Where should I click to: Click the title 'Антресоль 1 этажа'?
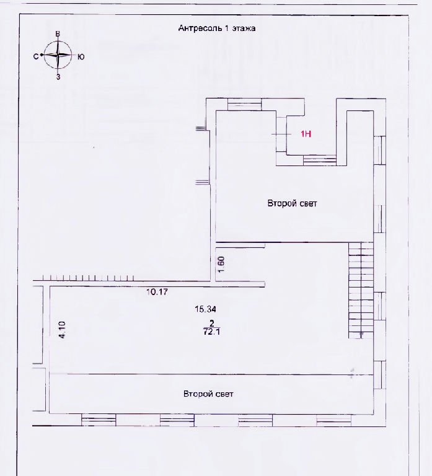pos(217,29)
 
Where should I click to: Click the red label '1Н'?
pos(306,134)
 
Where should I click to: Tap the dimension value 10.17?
pos(157,292)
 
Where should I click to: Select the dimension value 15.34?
pos(206,309)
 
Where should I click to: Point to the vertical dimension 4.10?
pos(62,330)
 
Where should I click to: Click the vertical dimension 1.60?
pos(221,265)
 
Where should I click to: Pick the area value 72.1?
pos(211,332)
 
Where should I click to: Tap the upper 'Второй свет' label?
pos(292,203)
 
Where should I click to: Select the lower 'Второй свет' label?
pos(208,394)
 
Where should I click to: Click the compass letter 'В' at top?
pos(58,34)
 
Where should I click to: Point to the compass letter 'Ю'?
pos(81,57)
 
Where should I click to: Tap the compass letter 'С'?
pos(36,56)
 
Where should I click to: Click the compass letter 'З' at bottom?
pos(58,77)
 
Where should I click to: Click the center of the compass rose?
pos(58,55)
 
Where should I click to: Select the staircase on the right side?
pos(361,290)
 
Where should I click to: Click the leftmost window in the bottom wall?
pos(99,420)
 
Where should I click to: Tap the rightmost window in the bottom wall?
pos(333,420)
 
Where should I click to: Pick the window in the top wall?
pos(244,104)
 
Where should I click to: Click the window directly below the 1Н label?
pos(320,161)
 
